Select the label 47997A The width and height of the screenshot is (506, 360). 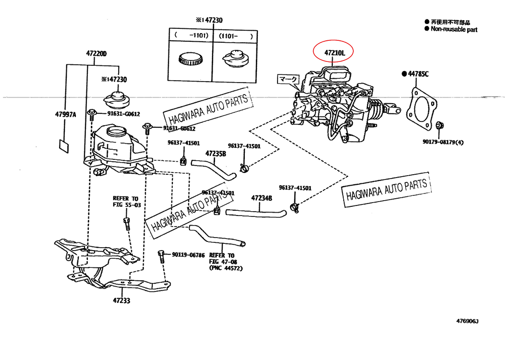66,114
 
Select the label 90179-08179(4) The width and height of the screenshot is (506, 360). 443,142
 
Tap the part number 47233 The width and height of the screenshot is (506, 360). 121,301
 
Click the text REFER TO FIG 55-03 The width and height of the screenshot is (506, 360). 125,201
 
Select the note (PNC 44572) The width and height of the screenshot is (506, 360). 226,268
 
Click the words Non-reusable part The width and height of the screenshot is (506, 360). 454,29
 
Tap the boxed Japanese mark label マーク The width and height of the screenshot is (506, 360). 289,79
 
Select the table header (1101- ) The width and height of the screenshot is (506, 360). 236,36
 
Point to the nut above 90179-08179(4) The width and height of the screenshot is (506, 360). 440,126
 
